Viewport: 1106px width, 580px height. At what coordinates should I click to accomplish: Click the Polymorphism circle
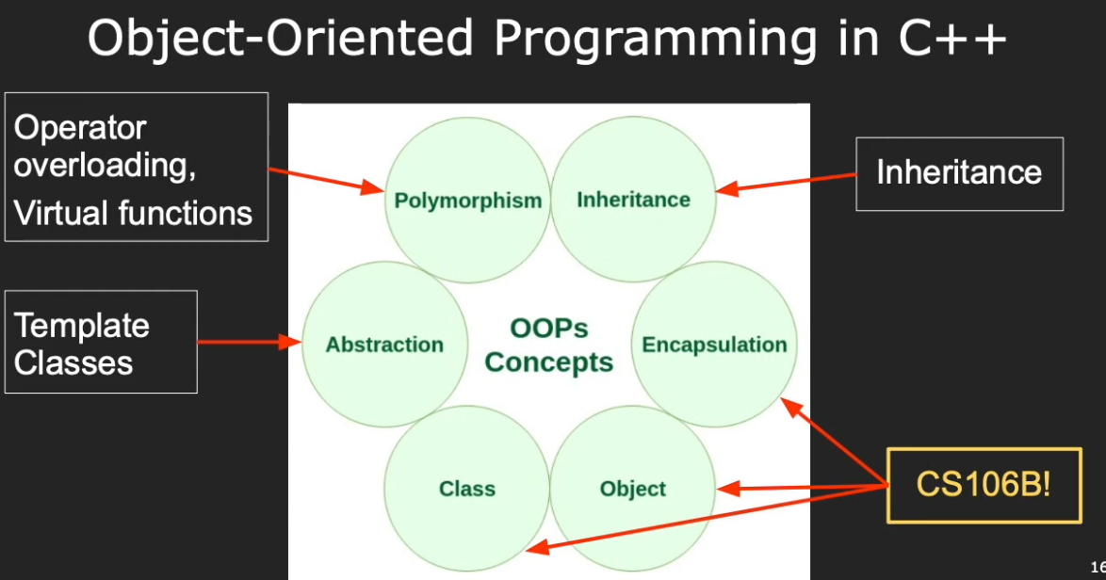467,201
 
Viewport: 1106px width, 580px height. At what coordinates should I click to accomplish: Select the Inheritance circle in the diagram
633,200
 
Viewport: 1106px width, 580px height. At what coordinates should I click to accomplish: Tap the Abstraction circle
385,345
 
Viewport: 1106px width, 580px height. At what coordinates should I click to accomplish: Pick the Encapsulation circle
714,345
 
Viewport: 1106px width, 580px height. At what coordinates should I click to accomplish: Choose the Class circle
467,489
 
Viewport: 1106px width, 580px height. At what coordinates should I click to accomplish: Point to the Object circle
633,489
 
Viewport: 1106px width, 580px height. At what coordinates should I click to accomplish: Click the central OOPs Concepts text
549,346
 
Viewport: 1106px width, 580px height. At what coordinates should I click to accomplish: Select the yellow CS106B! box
984,485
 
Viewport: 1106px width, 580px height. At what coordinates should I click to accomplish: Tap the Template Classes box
101,342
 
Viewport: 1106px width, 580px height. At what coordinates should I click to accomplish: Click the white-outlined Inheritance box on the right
959,173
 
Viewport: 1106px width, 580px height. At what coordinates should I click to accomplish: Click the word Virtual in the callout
58,213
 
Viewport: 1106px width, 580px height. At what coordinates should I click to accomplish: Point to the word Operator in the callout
80,127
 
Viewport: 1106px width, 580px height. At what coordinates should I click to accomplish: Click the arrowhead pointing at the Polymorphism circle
372,187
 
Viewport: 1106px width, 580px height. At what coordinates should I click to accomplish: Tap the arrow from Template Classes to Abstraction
250,343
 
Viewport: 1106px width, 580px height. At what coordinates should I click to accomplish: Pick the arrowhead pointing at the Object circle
728,488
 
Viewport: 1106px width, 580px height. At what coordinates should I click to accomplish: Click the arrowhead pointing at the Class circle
538,547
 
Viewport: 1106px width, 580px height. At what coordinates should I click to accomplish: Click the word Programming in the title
656,39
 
